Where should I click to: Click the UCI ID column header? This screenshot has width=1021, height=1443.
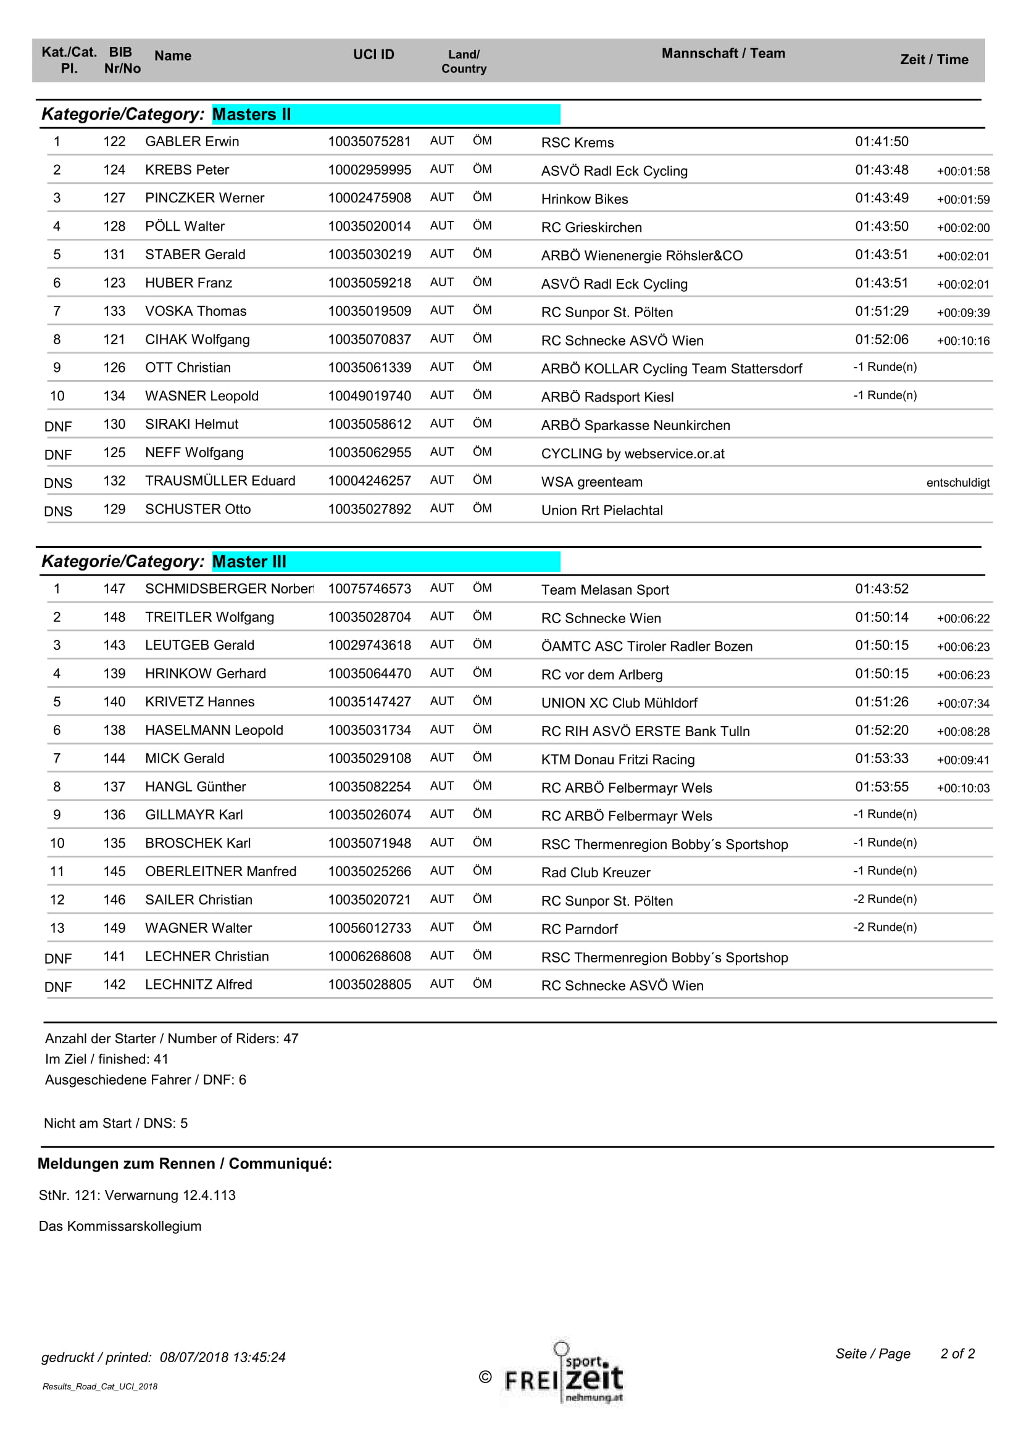(373, 55)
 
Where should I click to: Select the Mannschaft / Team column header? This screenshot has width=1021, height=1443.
(723, 54)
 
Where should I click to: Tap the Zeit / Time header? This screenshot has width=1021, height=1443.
(933, 60)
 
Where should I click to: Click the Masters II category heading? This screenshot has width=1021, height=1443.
(251, 114)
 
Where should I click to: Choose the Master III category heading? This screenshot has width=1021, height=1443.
(249, 561)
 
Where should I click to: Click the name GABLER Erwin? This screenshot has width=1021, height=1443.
(192, 141)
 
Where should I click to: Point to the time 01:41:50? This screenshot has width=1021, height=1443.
(881, 141)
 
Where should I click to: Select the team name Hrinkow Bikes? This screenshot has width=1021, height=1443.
(585, 199)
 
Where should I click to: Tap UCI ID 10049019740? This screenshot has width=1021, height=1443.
(370, 396)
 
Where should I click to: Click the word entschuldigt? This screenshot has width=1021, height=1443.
(957, 482)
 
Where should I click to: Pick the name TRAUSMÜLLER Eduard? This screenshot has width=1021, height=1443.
(220, 481)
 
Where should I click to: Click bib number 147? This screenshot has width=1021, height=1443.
(114, 589)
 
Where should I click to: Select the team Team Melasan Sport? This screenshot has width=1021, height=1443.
(605, 590)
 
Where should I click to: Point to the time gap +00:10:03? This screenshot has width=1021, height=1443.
(962, 788)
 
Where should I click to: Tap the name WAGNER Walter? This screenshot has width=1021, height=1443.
(199, 928)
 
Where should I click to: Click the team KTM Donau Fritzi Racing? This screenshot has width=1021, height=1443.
(618, 759)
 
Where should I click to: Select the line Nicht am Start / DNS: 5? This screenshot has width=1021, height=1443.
(115, 1123)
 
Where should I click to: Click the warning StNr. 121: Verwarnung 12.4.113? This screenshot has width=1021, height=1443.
(137, 1196)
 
